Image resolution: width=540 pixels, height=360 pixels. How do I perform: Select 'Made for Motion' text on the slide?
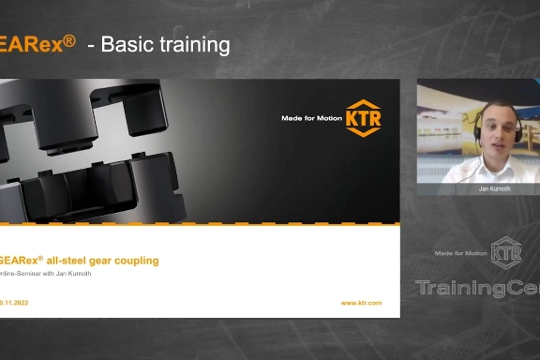(x=312, y=119)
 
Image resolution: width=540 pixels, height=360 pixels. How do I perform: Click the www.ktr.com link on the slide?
(x=361, y=303)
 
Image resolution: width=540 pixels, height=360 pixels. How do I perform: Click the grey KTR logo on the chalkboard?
(x=506, y=252)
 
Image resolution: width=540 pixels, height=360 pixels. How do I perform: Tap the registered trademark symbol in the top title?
(x=69, y=39)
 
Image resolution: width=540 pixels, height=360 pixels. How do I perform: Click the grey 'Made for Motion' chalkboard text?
(x=462, y=253)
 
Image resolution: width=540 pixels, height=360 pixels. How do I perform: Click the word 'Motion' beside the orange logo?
(x=329, y=119)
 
